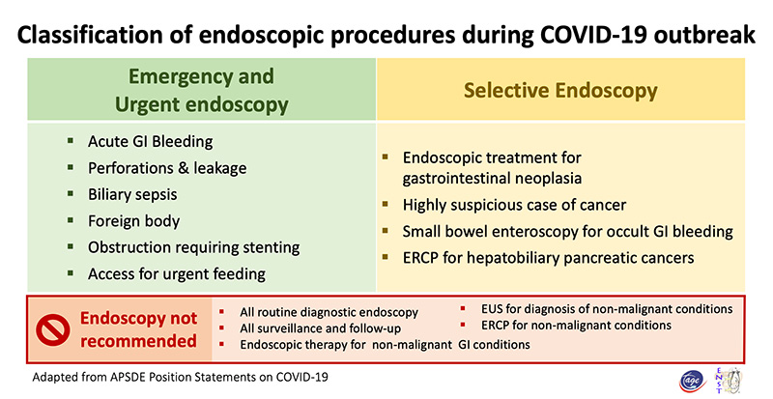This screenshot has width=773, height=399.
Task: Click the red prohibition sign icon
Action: coord(53,330)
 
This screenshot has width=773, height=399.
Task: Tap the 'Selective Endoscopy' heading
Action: coord(560,90)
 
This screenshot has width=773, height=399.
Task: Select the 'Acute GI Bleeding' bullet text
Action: coord(151,142)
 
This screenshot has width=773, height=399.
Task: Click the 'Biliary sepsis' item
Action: coord(132,195)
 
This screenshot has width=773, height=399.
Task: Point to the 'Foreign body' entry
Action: coord(133,221)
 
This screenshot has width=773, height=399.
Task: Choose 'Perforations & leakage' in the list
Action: coord(167,168)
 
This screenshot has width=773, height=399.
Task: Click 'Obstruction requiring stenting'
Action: coord(194,247)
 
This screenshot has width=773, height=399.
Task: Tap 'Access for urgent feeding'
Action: coord(177,274)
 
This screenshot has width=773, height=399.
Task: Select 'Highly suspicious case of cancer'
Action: coord(514,205)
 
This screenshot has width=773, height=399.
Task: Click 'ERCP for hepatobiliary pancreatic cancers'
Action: coord(548,258)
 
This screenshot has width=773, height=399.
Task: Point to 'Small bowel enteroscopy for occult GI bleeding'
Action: coord(567,231)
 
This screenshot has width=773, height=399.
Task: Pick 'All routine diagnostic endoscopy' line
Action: coord(329,312)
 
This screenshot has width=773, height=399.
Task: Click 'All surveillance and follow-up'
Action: coord(320,328)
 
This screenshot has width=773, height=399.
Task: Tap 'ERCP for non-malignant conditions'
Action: coord(576,325)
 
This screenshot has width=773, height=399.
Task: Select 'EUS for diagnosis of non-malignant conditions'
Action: coord(607,309)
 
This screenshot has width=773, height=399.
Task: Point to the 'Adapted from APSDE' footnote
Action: coord(180,378)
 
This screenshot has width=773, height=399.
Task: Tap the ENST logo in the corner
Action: coord(729,381)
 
